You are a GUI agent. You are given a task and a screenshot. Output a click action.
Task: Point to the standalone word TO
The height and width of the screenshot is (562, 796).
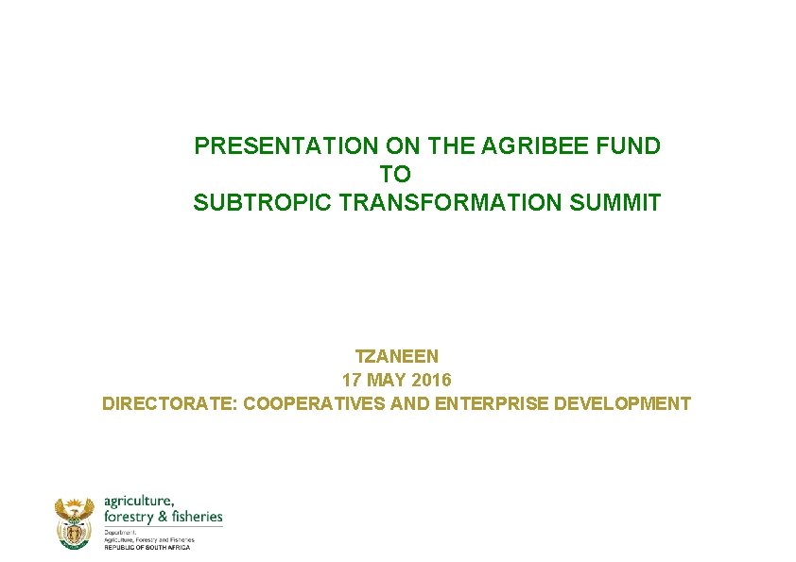pyautogui.click(x=396, y=175)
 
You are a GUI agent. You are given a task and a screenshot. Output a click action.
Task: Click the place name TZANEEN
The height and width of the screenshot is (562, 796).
pyautogui.click(x=396, y=357)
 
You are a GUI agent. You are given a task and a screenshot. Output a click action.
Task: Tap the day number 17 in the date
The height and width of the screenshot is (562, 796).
pyautogui.click(x=351, y=381)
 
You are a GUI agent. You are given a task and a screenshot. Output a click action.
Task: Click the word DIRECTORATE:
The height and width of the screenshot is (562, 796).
pyautogui.click(x=170, y=404)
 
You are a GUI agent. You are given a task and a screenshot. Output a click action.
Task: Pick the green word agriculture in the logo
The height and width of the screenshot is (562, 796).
pyautogui.click(x=138, y=501)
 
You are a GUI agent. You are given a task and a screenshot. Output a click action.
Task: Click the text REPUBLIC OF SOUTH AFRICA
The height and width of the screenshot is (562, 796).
pyautogui.click(x=147, y=547)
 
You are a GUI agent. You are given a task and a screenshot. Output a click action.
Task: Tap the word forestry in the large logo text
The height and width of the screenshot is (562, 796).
pyautogui.click(x=129, y=516)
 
